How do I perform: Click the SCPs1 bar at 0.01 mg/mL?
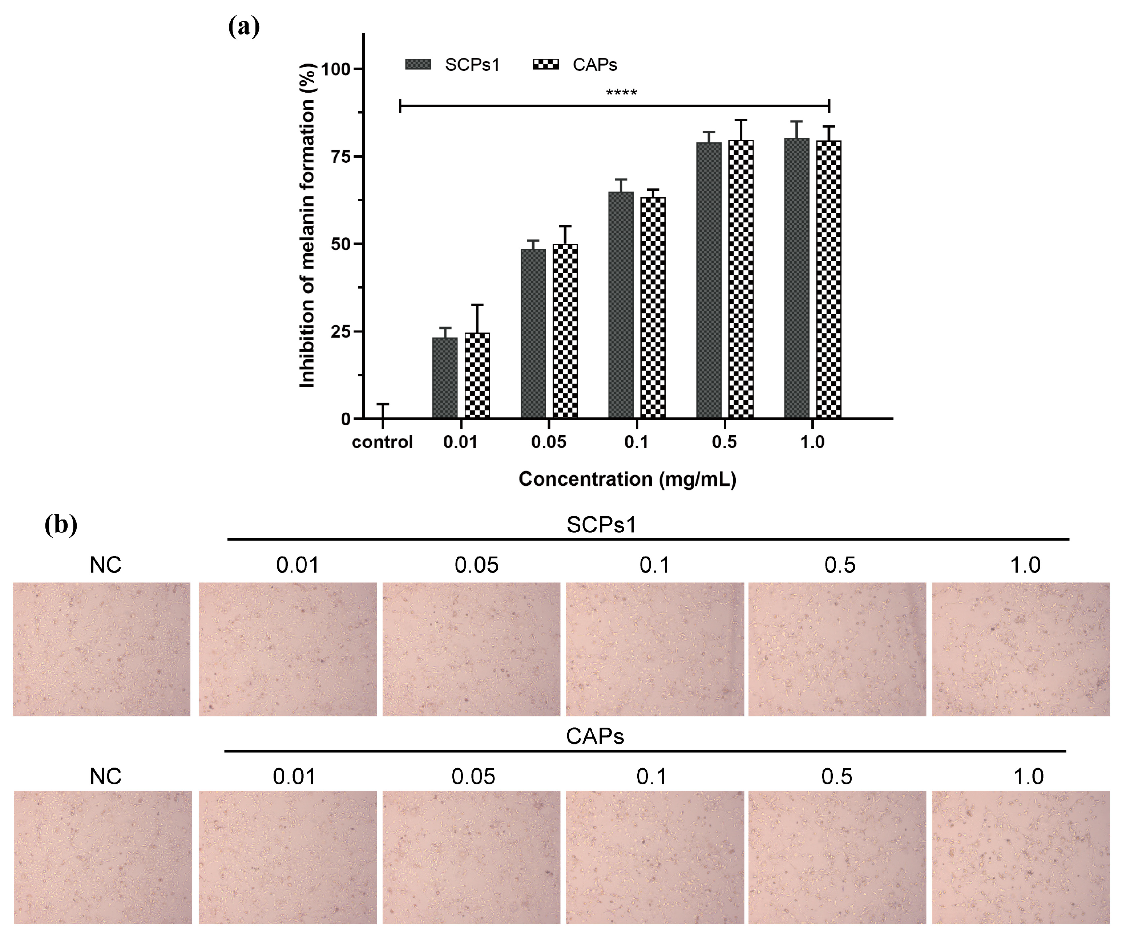point(444,378)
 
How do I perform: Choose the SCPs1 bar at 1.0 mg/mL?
point(796,278)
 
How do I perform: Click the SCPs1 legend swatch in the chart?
point(418,65)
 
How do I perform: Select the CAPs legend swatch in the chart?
point(545,65)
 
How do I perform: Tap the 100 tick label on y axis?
point(335,69)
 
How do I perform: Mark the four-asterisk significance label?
point(621,93)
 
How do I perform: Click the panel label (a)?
point(244,27)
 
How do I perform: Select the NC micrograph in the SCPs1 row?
point(101,649)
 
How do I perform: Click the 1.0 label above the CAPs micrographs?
point(1029,776)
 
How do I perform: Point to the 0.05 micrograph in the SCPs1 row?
point(471,649)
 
